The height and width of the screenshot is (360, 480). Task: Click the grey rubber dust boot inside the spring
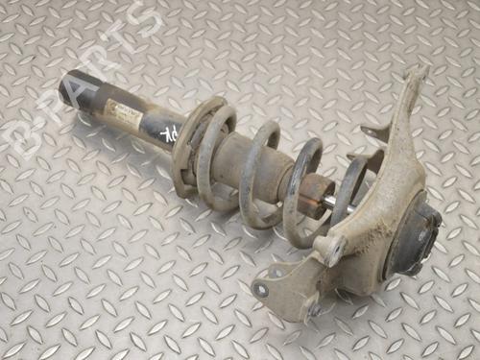coord(240,163)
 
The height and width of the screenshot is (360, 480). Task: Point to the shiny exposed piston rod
coord(332,202)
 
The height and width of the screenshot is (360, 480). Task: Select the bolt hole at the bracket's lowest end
coord(262,289)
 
